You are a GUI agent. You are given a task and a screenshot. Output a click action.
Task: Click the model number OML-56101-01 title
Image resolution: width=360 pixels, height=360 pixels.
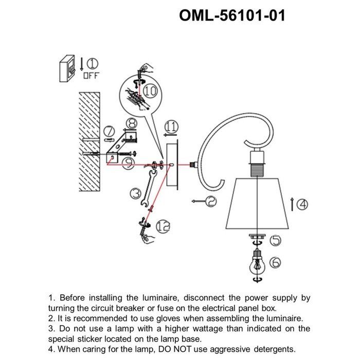[232, 15]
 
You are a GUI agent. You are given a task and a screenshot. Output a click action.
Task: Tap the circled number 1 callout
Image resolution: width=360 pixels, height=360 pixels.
[93, 64]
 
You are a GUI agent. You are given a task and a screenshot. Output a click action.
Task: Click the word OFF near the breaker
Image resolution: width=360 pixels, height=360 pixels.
[91, 75]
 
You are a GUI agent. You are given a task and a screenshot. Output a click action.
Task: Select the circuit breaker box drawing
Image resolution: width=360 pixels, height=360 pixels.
[67, 68]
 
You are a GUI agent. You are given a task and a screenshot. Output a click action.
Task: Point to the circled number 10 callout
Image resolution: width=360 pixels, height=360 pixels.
[150, 91]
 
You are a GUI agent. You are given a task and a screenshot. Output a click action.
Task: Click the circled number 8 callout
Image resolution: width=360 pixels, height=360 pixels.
[132, 123]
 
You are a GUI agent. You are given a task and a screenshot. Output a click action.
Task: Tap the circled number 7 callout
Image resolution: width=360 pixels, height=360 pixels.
[109, 131]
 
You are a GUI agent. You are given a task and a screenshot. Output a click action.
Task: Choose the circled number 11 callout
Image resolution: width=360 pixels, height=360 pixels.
[171, 127]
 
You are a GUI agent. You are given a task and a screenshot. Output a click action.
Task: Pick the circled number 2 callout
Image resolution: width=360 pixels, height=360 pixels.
[211, 202]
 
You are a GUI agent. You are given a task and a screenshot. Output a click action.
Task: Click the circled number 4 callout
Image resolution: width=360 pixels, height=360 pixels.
[302, 204]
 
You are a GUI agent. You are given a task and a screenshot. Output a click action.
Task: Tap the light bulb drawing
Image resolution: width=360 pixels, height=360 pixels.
[257, 264]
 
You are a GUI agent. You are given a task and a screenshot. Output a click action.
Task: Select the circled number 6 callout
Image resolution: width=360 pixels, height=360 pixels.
[275, 262]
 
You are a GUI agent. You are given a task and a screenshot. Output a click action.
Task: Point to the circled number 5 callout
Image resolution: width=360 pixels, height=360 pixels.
[276, 240]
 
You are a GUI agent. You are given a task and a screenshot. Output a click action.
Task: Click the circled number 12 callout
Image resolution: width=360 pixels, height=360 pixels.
[163, 227]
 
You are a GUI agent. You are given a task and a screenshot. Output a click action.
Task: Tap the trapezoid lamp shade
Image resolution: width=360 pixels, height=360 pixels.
[257, 204]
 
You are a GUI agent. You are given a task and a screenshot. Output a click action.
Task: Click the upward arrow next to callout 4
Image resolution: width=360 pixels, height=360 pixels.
[292, 204]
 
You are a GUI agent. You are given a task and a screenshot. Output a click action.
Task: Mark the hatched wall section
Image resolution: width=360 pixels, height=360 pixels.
[89, 141]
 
